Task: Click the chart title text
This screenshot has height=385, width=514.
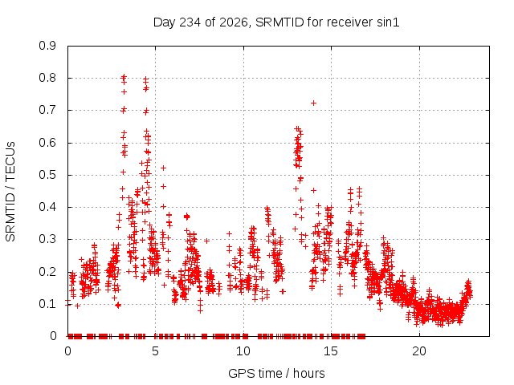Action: [x=276, y=22]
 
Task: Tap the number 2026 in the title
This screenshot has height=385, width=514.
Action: [x=234, y=22]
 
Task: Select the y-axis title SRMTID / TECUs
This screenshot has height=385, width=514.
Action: [x=10, y=192]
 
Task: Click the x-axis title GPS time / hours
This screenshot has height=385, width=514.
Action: [x=276, y=373]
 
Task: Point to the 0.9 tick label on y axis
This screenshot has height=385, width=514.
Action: [x=47, y=46]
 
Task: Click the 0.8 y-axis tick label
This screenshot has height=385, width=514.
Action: [x=47, y=78]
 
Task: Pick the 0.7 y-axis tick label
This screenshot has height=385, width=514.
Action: [x=47, y=110]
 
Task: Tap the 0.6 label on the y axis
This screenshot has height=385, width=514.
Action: [x=47, y=143]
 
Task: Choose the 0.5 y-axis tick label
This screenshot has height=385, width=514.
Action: [x=47, y=175]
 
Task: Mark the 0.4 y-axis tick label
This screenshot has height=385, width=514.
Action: [x=47, y=207]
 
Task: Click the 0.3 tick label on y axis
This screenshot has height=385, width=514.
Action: [x=47, y=239]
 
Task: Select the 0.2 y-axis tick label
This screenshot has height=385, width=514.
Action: [x=47, y=272]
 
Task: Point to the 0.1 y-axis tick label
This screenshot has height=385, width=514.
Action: [x=47, y=304]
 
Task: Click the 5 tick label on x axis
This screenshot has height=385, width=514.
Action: [x=155, y=351]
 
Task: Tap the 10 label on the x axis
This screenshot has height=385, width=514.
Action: [x=243, y=351]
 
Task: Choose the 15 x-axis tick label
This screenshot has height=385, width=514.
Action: [x=331, y=351]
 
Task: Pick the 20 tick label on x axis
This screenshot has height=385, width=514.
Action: [x=419, y=351]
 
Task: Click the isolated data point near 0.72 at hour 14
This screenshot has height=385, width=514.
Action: [x=313, y=103]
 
